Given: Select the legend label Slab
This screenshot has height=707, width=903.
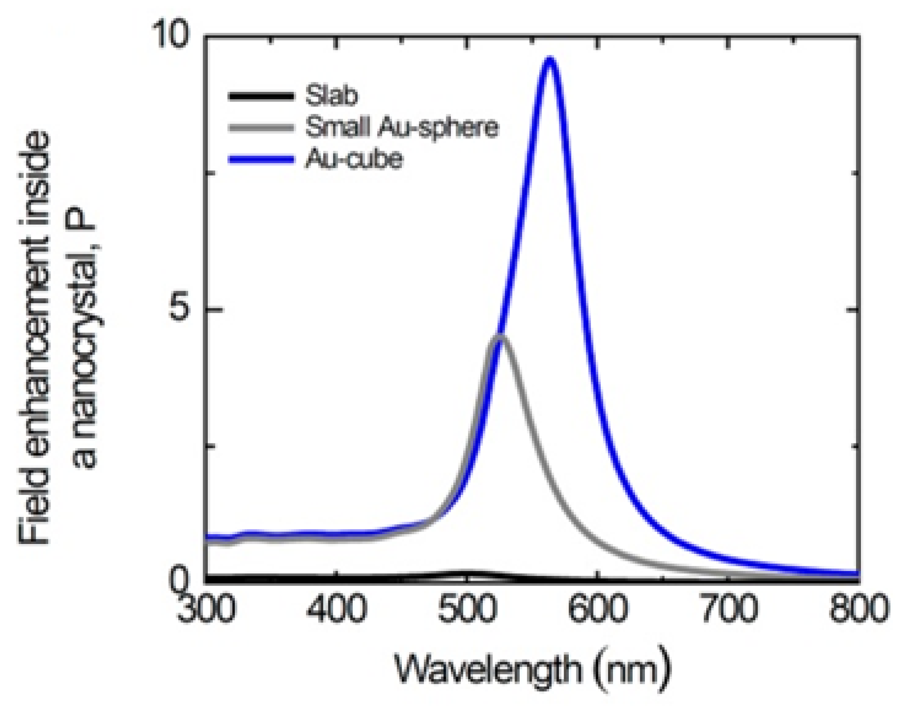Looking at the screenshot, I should [332, 95].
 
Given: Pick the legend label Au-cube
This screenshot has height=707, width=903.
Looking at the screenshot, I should [354, 159].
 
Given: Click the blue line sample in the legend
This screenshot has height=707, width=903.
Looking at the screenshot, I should [261, 159].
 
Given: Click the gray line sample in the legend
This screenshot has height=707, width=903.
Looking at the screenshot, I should [261, 128].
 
